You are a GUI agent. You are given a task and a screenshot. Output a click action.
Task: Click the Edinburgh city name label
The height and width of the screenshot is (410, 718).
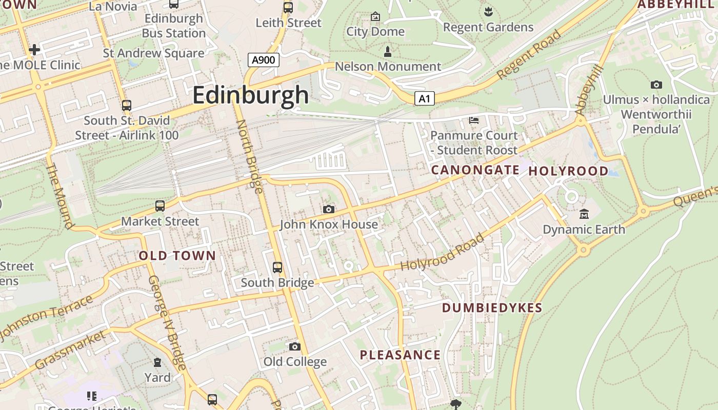click(x=251, y=95)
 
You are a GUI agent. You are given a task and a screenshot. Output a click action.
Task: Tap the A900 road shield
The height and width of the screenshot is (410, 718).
click(x=264, y=60)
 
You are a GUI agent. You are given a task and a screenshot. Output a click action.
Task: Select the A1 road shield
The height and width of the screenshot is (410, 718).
click(x=424, y=98)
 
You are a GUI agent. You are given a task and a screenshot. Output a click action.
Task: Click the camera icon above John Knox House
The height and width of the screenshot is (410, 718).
click(x=329, y=209)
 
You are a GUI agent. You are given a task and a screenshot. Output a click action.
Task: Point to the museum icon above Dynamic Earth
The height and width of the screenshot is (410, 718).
click(x=584, y=214)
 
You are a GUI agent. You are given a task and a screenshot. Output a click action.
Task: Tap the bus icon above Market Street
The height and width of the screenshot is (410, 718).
click(x=160, y=206)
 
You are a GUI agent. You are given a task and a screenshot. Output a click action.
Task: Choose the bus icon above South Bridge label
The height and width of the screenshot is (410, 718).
click(x=277, y=267)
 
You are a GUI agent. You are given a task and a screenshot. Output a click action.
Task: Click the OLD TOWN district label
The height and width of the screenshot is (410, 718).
click(x=177, y=256)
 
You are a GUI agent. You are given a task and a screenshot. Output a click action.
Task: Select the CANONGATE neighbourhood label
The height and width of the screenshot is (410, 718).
click(x=475, y=170)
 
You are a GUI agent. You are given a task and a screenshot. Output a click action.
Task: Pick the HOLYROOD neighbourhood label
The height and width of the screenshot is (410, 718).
click(x=568, y=171)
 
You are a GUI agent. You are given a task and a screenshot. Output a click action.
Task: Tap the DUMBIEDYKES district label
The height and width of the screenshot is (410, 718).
click(x=492, y=308)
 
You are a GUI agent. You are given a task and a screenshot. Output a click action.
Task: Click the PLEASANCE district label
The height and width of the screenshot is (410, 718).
click(x=400, y=355)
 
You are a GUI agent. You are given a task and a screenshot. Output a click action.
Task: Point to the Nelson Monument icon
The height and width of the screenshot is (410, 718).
click(x=388, y=51)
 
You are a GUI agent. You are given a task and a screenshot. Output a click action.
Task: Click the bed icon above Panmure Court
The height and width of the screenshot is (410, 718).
click(x=474, y=120)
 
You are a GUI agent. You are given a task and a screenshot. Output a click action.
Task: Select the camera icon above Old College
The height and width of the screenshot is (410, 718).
click(x=294, y=346)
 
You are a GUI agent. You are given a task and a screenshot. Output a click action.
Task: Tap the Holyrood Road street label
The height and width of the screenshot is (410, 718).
click(x=442, y=253)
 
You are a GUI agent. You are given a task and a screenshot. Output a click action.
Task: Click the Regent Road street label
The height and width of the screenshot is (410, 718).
click(x=529, y=55)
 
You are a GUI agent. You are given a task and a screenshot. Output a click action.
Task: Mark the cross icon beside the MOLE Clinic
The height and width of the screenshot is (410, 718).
click(x=34, y=50)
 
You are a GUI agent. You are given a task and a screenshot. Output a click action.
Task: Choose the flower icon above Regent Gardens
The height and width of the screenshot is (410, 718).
click(x=488, y=11)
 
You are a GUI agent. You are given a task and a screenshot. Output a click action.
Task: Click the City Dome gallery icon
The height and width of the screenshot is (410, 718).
click(x=375, y=17)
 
